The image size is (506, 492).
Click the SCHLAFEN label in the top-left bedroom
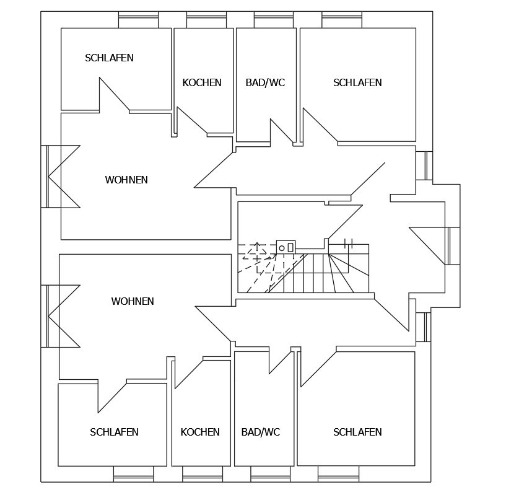pyautogui.click(x=109, y=58)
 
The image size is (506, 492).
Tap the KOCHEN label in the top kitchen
pyautogui.click(x=202, y=82)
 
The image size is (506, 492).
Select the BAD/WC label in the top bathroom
pyautogui.click(x=265, y=82)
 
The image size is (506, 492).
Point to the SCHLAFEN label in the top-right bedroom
pyautogui.click(x=357, y=82)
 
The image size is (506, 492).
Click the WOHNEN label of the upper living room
pyautogui.click(x=126, y=180)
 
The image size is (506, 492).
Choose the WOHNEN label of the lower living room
pyautogui.click(x=133, y=302)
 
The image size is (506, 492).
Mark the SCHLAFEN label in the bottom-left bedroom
pyautogui.click(x=114, y=432)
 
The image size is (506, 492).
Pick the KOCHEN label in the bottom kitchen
pyautogui.click(x=200, y=432)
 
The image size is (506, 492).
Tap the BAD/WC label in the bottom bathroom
pyautogui.click(x=261, y=432)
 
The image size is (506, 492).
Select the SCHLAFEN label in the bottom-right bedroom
pyautogui.click(x=357, y=432)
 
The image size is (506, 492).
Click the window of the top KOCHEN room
pyautogui.click(x=206, y=21)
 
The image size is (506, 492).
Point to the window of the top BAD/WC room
pyautogui.click(x=274, y=21)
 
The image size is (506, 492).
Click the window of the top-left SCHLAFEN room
pyautogui.click(x=139, y=21)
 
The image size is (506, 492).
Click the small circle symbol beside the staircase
pyautogui.click(x=282, y=248)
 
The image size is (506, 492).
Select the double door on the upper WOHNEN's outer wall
pyautogui.click(x=61, y=177)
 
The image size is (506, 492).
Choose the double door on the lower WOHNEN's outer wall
pyautogui.click(x=61, y=316)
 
